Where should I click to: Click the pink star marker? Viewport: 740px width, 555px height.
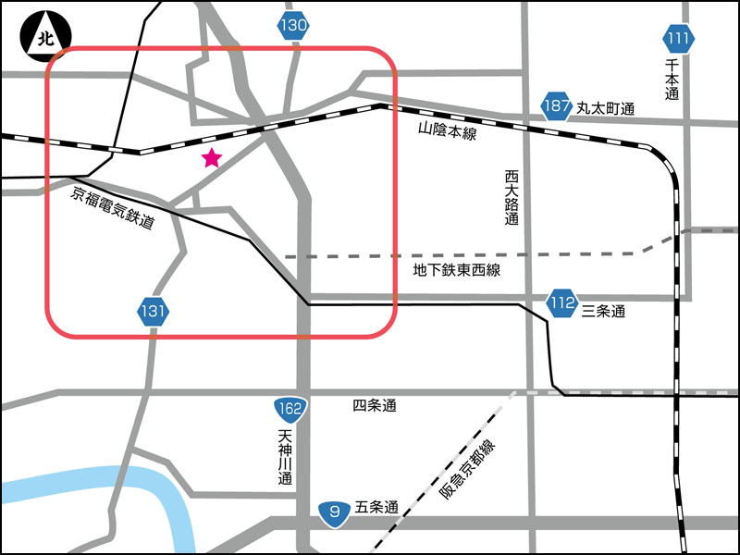tap(212, 158)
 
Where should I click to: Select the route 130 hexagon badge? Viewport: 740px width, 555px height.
tap(293, 26)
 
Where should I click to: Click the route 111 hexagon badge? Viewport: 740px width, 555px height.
tap(677, 39)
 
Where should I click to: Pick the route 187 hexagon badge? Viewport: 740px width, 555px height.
tap(557, 106)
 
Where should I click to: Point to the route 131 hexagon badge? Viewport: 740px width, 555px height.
tap(154, 312)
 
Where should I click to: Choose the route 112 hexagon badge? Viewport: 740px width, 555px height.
tap(561, 302)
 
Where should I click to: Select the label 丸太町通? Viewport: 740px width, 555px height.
tap(606, 108)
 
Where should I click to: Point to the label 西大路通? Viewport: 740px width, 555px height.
tap(512, 198)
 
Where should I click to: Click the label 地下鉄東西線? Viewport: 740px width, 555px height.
tap(456, 270)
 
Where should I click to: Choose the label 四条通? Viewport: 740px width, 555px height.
tap(375, 406)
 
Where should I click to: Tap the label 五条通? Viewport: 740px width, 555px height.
tap(376, 508)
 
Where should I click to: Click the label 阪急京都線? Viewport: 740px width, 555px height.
tap(468, 477)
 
